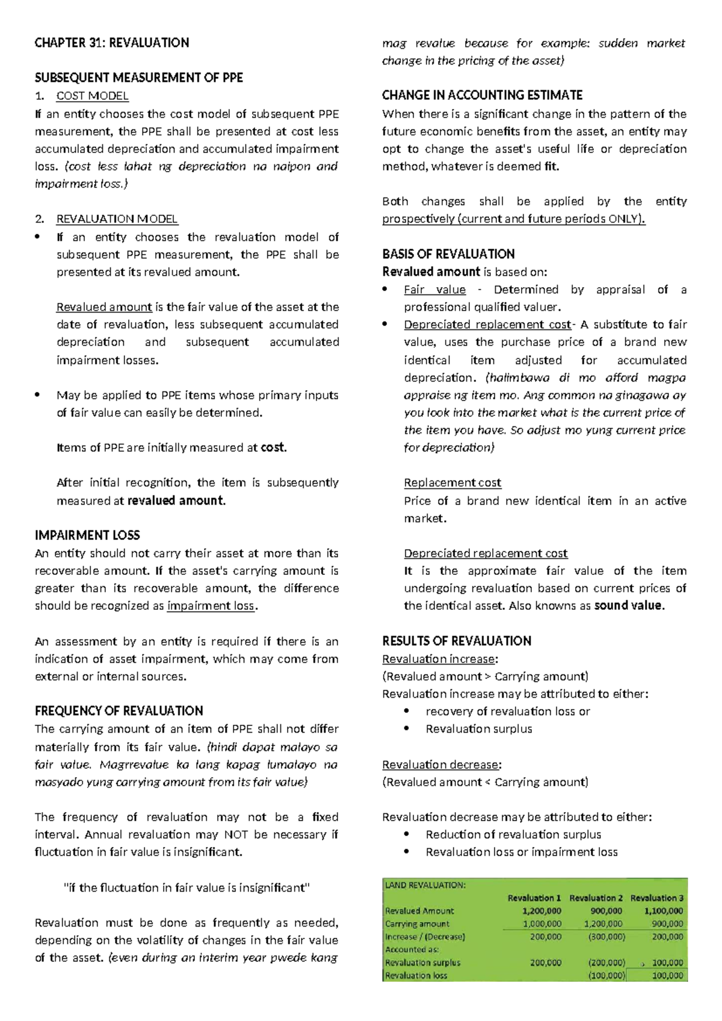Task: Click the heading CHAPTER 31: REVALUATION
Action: pyautogui.click(x=112, y=43)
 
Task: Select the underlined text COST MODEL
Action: pyautogui.click(x=92, y=96)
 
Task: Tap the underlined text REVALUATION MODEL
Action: pyautogui.click(x=117, y=219)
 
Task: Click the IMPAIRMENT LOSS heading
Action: pyautogui.click(x=87, y=535)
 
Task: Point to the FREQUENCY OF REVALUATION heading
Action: pyautogui.click(x=119, y=711)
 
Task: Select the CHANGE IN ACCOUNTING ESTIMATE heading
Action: pyautogui.click(x=482, y=95)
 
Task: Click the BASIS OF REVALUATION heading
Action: pyautogui.click(x=448, y=254)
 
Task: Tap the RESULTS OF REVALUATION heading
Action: pyautogui.click(x=457, y=641)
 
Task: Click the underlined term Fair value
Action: pyautogui.click(x=434, y=290)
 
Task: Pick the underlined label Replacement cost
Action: pyautogui.click(x=452, y=483)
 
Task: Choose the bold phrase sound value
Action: pyautogui.click(x=629, y=606)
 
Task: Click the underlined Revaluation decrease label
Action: pyautogui.click(x=440, y=765)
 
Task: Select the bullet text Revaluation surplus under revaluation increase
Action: pyautogui.click(x=479, y=729)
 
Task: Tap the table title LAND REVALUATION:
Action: pyautogui.click(x=425, y=885)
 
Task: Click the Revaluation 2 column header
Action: pyautogui.click(x=596, y=898)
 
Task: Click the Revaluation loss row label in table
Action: pyautogui.click(x=416, y=975)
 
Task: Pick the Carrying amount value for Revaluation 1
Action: pyautogui.click(x=542, y=923)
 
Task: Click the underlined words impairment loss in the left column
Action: pyautogui.click(x=211, y=606)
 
